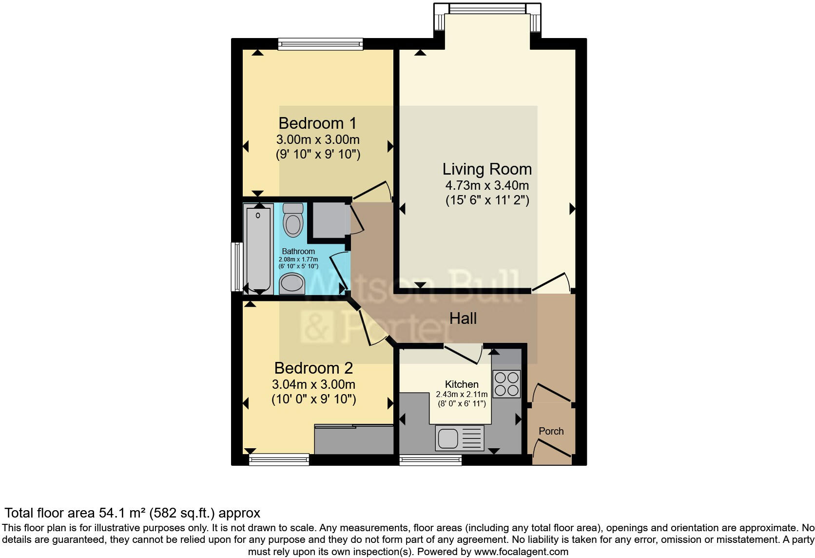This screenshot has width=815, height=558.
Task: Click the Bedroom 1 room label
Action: coord(317,123)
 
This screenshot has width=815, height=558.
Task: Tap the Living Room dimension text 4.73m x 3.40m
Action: coord(486,185)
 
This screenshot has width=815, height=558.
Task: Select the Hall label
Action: coord(463,319)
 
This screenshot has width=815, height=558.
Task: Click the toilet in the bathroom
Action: coord(293,220)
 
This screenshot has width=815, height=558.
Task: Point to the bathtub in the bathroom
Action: coord(258,249)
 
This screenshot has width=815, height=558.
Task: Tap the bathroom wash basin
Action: coord(292,284)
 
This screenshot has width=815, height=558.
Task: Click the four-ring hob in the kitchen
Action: coord(506,384)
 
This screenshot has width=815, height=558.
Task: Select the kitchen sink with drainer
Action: coord(460,438)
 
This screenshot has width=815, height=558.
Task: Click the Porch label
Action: coord(551,431)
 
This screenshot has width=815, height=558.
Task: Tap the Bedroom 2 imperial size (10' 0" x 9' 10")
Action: coord(313,399)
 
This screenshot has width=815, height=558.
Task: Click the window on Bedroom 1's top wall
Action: coord(320,44)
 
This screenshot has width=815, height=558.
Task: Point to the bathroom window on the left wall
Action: coord(236,267)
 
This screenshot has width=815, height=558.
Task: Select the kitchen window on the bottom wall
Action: coord(430,459)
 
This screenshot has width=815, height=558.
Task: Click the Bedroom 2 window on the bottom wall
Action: coord(279,459)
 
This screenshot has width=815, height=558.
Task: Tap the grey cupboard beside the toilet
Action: coord(328,220)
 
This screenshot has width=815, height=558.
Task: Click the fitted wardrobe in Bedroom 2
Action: coord(353,439)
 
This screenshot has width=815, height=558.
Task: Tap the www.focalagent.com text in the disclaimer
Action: coord(521,552)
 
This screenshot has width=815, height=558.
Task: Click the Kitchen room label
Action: coord(461,384)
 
